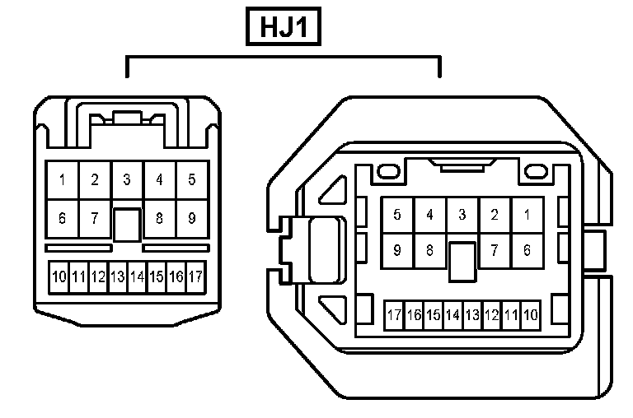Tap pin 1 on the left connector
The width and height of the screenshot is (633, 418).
coord(62,179)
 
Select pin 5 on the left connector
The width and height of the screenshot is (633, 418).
coord(191,179)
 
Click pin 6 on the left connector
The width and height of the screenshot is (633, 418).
coord(62,219)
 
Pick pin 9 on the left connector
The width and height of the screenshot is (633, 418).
coord(191,219)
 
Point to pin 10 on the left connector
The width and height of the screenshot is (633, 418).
coord(59,276)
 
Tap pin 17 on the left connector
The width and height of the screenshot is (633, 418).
coord(195,276)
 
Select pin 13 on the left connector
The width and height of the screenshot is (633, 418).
coord(117,276)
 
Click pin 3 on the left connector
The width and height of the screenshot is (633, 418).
coord(127,179)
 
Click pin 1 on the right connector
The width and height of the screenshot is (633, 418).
coord(527,216)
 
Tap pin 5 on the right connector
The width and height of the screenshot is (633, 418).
coord(397,216)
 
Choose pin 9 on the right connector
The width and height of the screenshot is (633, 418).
coord(397,250)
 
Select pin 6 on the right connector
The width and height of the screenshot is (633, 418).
coord(527,250)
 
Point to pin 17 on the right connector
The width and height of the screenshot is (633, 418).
coord(394,314)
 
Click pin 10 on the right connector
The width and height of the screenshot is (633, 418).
coord(531,314)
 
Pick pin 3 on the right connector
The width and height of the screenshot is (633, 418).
coord(462,216)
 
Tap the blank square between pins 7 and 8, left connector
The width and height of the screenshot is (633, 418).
coord(127,224)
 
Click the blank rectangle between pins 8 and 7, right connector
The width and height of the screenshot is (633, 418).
coord(462,258)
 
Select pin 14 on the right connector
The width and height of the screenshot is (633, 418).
coord(452,314)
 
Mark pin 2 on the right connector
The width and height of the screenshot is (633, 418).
coord(495,216)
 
